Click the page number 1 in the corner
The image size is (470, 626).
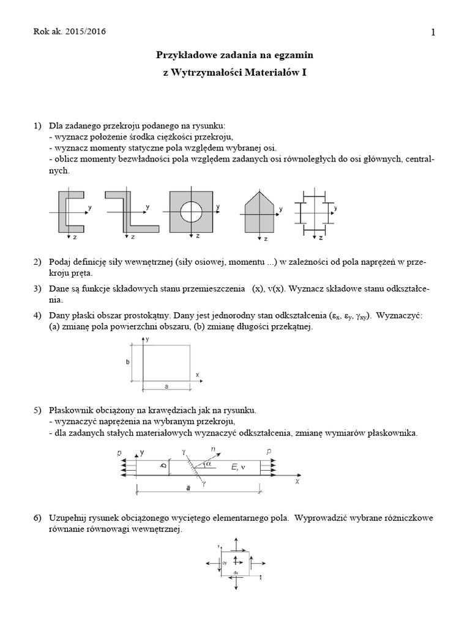(x=433, y=33)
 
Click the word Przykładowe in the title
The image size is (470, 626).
(x=184, y=55)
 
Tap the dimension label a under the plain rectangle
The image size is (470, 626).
(x=166, y=386)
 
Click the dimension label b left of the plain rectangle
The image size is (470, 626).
(x=128, y=362)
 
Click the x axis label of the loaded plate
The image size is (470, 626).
(x=297, y=481)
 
